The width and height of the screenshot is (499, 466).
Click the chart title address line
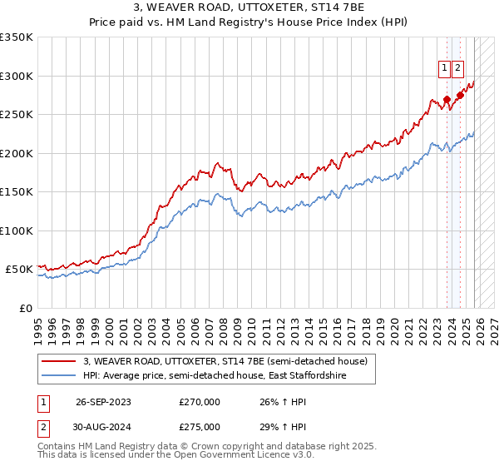click(249, 8)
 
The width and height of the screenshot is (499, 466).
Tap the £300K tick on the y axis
click(17, 76)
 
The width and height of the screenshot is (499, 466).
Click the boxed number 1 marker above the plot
click(445, 68)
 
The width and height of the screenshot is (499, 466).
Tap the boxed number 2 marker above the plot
click(458, 68)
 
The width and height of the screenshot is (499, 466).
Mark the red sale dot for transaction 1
click(447, 99)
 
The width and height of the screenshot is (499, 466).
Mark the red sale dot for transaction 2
click(460, 95)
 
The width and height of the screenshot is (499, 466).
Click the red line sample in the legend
click(59, 361)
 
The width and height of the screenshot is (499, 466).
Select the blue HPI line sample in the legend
click(59, 376)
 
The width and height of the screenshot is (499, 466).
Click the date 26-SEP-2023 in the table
click(103, 402)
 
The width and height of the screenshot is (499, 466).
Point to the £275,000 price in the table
click(200, 427)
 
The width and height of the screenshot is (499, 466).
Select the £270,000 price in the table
click(200, 402)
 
